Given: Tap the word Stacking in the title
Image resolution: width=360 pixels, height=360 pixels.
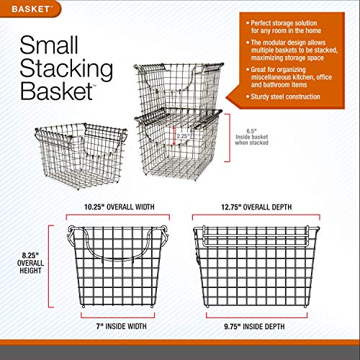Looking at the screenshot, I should [x=69, y=71].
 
